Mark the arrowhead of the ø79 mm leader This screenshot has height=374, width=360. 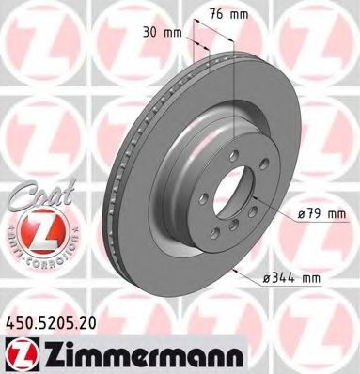click(266, 212)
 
